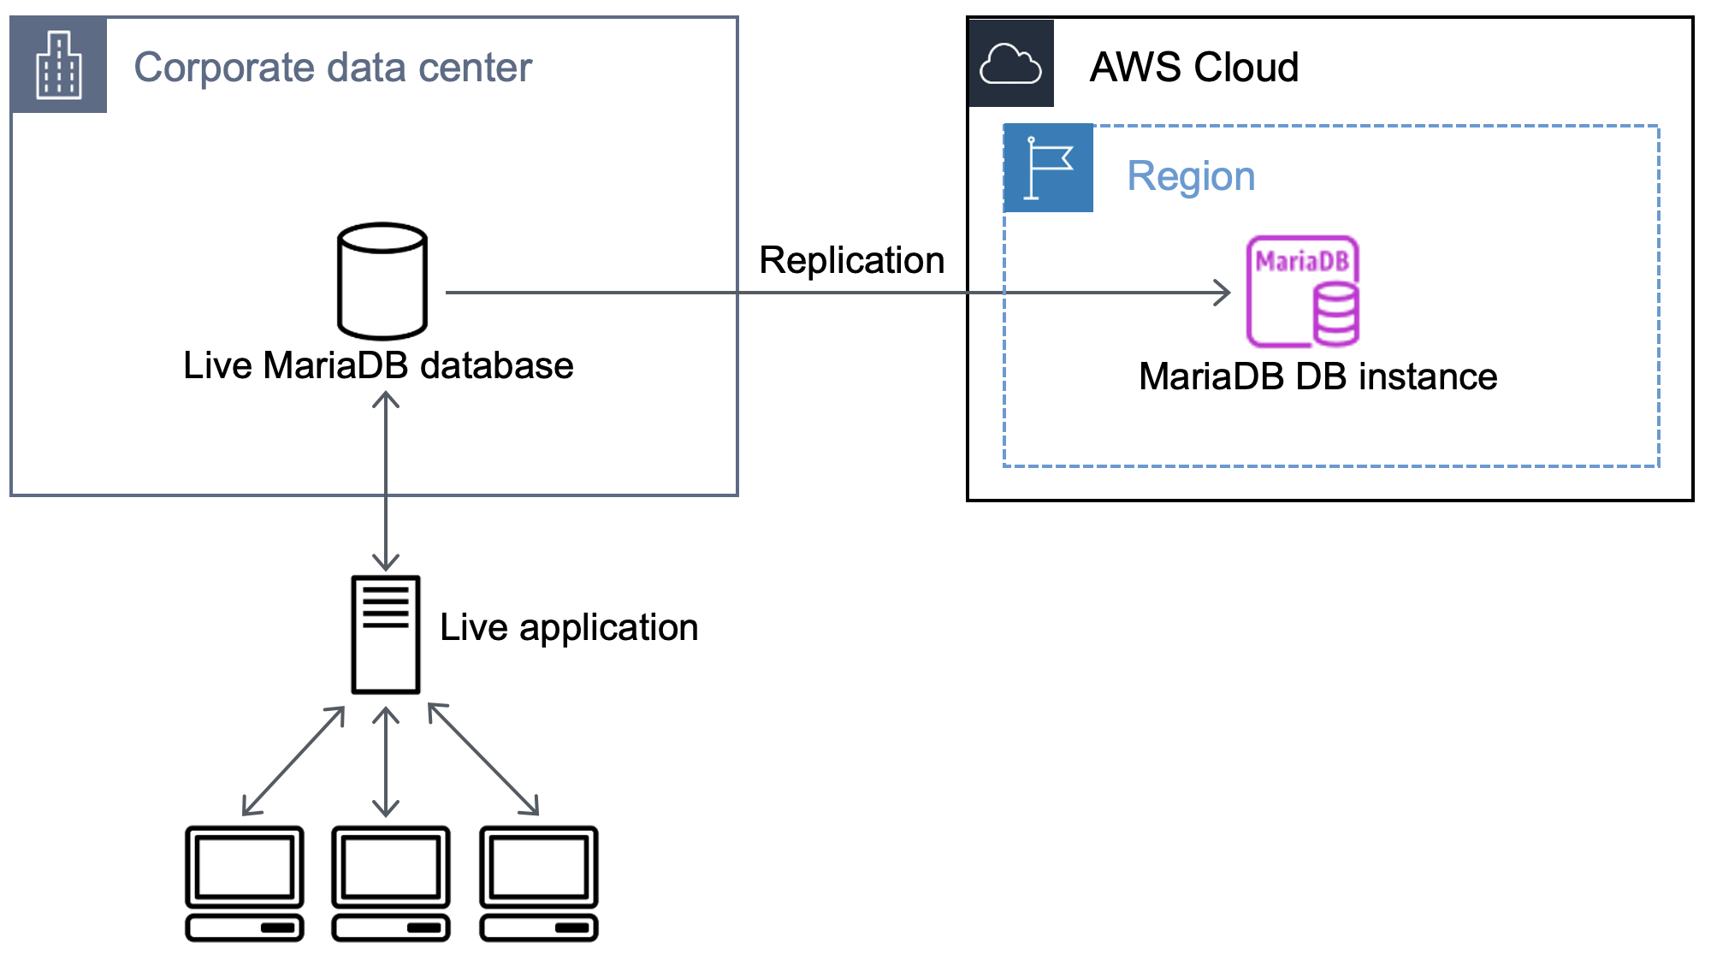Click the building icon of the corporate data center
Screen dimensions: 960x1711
pos(58,65)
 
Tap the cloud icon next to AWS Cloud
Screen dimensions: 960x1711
pos(1010,64)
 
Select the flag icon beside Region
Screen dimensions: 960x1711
pos(1048,168)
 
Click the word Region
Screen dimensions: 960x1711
pos(1191,176)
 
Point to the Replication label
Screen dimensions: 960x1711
pos(851,260)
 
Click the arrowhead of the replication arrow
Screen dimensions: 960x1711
pos(1223,293)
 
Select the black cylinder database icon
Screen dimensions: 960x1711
pos(382,281)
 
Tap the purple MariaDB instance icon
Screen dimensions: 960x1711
pos(1303,292)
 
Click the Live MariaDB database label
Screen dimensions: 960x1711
pos(378,365)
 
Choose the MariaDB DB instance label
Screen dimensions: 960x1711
pos(1317,376)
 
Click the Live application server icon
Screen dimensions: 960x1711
pos(386,634)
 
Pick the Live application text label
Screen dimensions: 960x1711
pos(569,627)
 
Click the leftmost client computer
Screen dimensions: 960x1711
pos(245,883)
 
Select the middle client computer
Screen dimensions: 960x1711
pos(391,883)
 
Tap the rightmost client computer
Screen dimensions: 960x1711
pos(539,883)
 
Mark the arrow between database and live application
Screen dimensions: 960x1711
pos(386,481)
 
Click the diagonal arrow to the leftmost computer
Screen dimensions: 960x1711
pos(293,760)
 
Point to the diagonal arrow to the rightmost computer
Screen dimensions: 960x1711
pos(483,759)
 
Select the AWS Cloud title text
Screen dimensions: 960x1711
pos(1193,67)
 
